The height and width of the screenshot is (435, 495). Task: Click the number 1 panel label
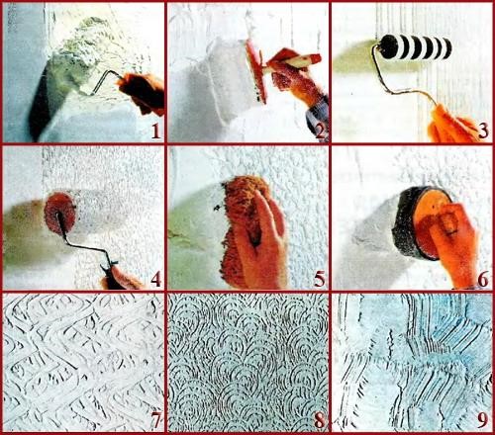(156, 131)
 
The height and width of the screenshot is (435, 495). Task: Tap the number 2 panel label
(320, 131)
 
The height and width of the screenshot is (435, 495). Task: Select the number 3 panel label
(483, 131)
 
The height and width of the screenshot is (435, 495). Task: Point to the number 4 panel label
(155, 280)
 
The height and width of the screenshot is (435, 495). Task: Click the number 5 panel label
(320, 280)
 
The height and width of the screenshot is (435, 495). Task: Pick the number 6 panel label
(483, 280)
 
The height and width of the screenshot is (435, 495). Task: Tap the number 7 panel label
(155, 420)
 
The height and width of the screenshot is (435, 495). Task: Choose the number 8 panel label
(320, 420)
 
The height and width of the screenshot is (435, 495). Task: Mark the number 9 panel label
(483, 420)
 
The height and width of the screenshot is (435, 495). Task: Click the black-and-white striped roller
(416, 46)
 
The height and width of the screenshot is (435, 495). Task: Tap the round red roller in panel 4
(59, 214)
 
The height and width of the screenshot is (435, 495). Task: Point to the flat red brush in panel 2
(256, 71)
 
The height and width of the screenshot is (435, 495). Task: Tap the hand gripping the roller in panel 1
(142, 92)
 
